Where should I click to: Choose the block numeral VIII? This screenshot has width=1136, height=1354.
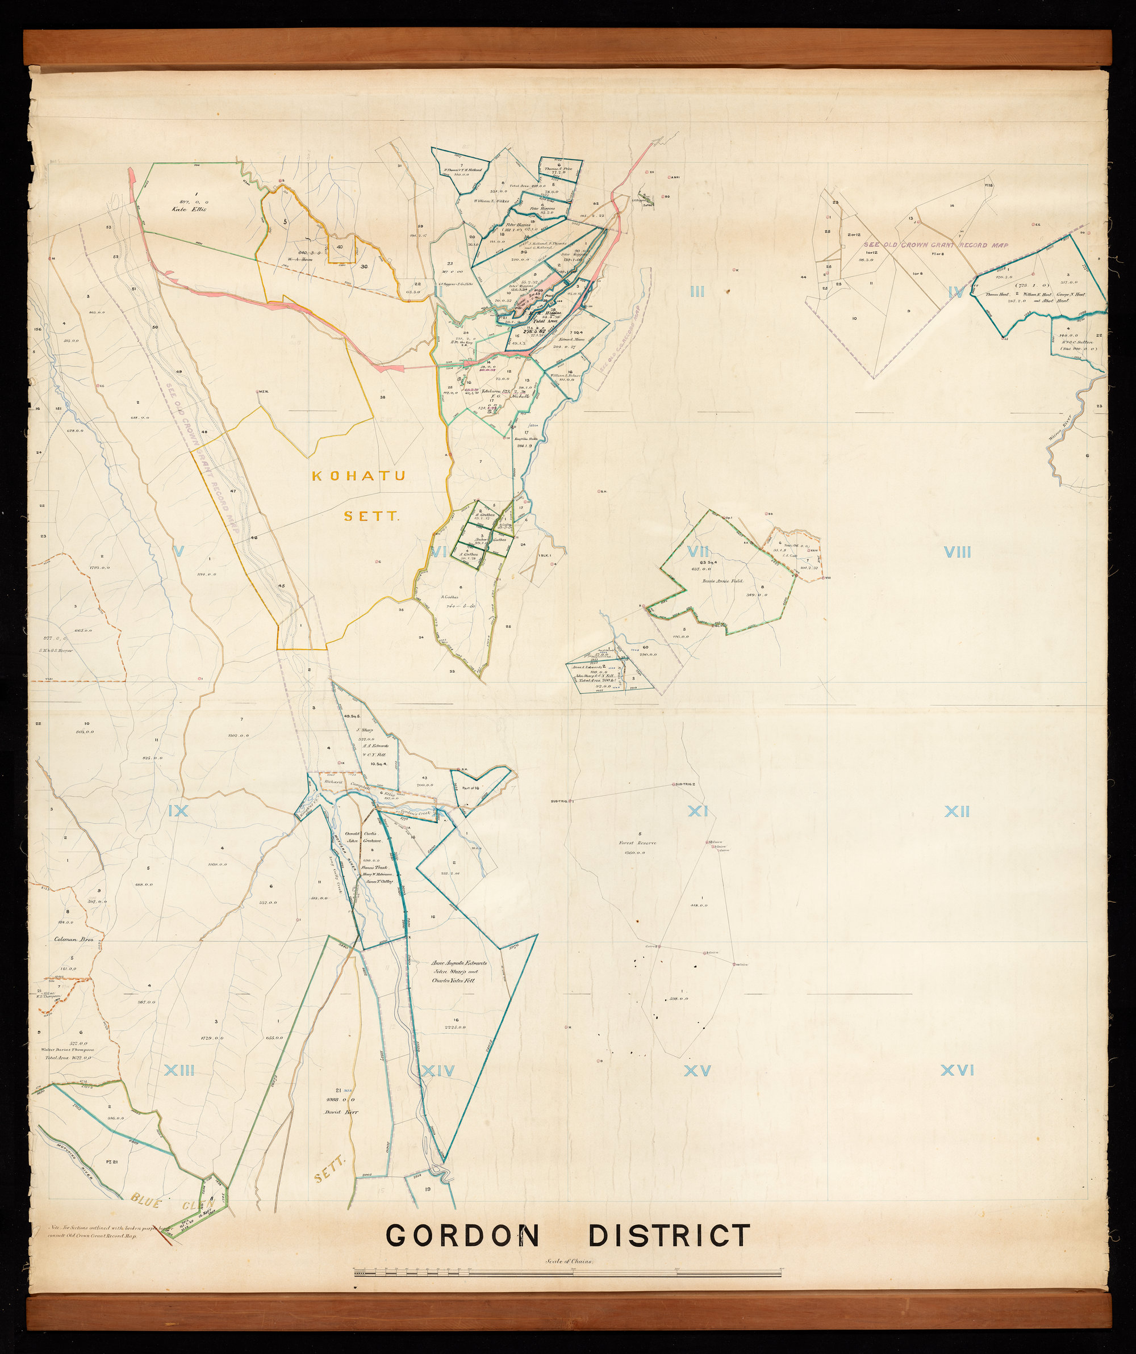coord(957,552)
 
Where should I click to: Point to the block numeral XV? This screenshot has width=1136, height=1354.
coord(698,1071)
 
